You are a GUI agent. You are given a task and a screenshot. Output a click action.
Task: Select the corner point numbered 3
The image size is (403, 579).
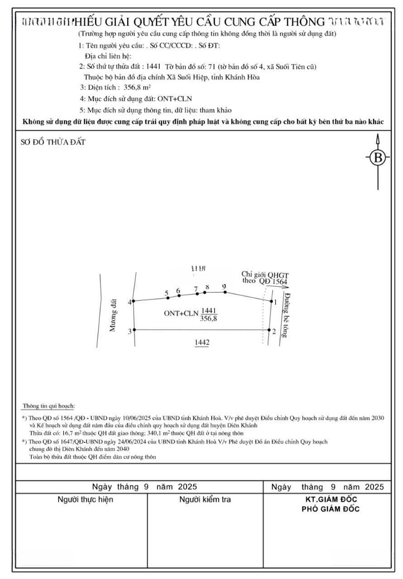[x=134, y=330]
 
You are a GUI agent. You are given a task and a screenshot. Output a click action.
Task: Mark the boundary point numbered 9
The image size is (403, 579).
[x=225, y=292]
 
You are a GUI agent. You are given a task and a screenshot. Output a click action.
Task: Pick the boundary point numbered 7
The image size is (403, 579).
[x=197, y=293]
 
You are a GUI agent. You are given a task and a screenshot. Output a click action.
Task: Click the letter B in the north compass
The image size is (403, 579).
[x=378, y=158]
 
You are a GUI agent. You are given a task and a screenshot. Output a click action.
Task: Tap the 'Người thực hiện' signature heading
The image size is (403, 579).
[x=85, y=500]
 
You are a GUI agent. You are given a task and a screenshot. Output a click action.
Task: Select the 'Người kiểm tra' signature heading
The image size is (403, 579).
[x=205, y=500]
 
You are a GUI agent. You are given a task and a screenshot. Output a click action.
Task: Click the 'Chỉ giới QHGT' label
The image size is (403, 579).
[x=261, y=274]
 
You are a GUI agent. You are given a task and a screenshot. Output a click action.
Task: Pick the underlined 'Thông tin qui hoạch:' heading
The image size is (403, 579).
[x=48, y=407]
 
